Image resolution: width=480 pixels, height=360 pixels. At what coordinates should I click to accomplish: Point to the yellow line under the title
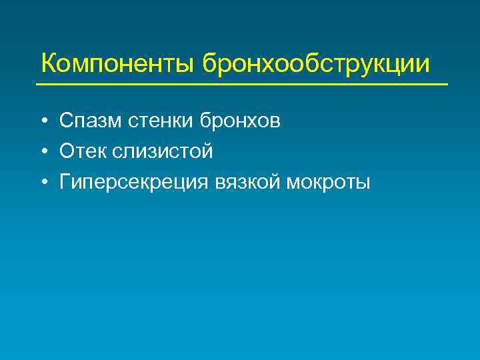241,85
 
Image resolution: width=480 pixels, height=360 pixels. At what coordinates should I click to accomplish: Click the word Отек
81,152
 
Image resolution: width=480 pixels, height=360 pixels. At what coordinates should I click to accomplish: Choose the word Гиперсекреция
134,183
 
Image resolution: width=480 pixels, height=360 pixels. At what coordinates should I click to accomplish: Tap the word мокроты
327,182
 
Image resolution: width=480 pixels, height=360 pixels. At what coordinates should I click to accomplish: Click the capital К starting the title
49,64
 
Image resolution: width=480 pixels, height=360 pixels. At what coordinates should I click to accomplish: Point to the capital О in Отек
66,152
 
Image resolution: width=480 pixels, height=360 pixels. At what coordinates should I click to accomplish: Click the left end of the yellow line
37,85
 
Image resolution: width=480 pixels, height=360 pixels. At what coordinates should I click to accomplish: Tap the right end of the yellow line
447,85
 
